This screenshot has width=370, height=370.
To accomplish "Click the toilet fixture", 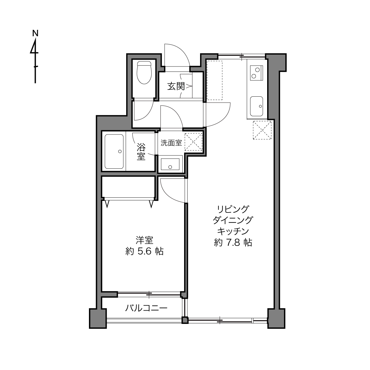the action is (x=144, y=72).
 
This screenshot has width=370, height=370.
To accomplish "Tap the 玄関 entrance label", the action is (x=176, y=86).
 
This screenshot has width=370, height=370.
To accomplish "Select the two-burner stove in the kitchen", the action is (x=256, y=73).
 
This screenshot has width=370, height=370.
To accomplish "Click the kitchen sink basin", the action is (x=257, y=106).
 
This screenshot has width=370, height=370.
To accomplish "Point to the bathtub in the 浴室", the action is (x=114, y=152).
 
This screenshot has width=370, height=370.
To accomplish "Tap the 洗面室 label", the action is (x=171, y=143).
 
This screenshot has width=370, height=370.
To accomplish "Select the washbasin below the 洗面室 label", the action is (x=170, y=164).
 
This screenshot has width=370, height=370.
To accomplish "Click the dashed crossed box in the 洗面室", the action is (x=193, y=142).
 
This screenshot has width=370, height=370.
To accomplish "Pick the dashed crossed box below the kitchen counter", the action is (x=262, y=130).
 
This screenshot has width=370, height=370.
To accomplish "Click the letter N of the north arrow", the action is (x=35, y=33).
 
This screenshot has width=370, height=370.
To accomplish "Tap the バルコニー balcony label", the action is (x=146, y=308).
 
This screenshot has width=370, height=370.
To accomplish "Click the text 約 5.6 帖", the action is (x=145, y=251).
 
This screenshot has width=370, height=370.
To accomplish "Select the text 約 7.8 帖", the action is (x=233, y=243).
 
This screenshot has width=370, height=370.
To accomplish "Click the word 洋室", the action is (x=145, y=240).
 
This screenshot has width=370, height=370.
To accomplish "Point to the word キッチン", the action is (x=233, y=231).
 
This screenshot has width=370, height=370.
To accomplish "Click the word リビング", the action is (x=233, y=209).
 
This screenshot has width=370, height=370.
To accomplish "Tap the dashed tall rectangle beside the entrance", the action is (x=215, y=80).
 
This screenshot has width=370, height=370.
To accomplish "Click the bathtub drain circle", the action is (x=120, y=152).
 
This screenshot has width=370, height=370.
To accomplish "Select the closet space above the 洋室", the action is (x=128, y=187).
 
